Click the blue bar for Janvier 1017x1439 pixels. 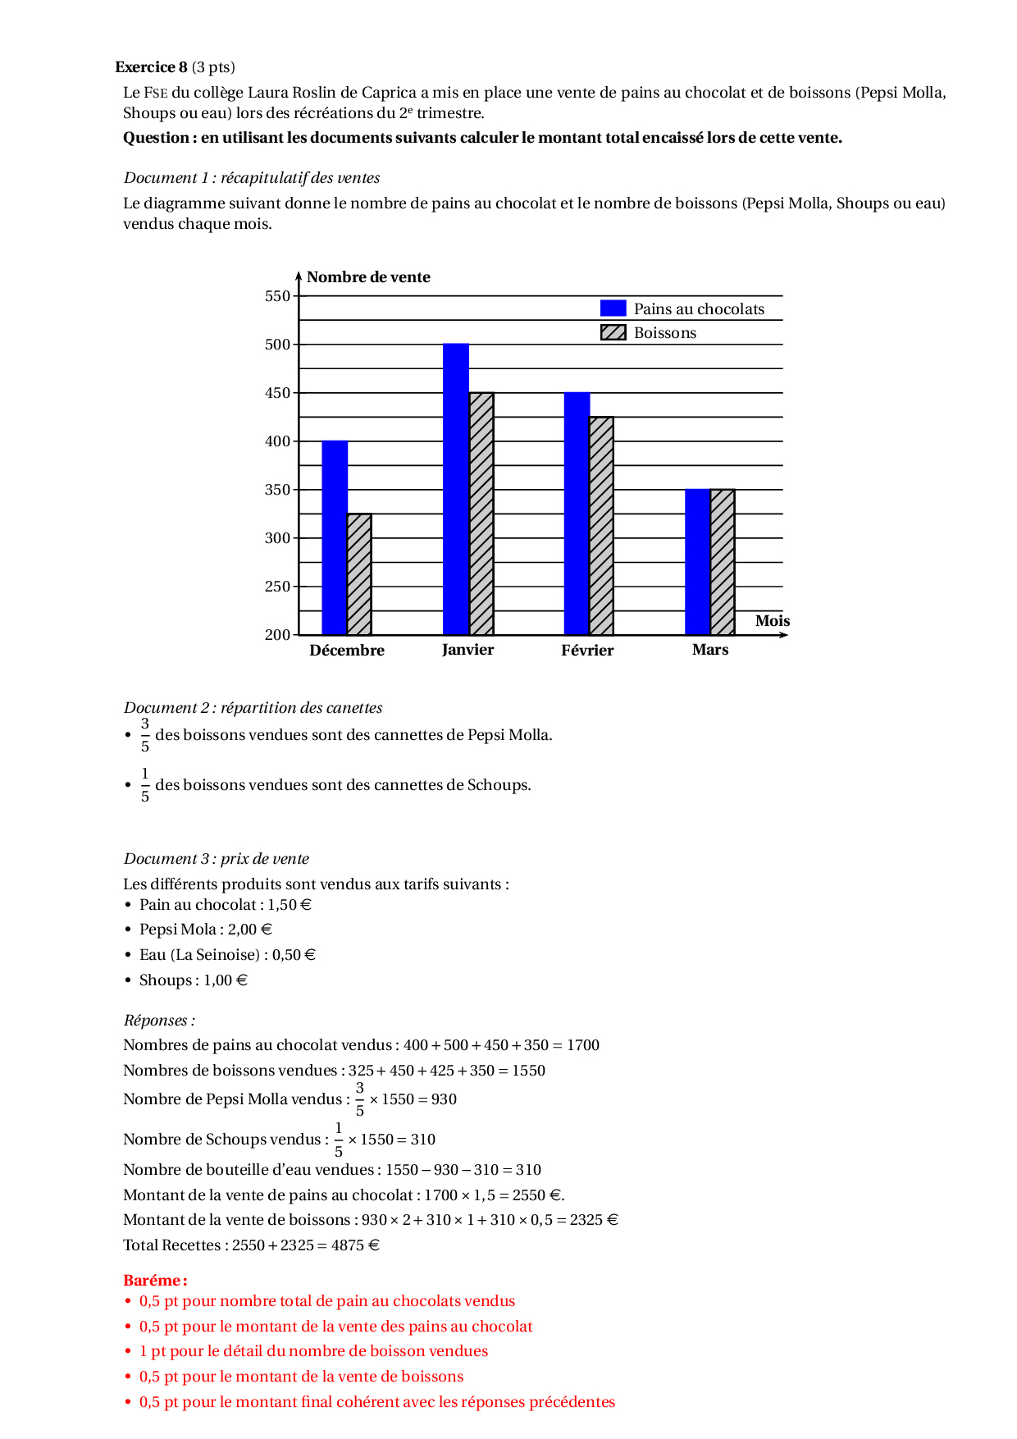(x=456, y=489)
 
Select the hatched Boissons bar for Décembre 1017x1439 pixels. (x=359, y=574)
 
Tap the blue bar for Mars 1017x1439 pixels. (x=697, y=562)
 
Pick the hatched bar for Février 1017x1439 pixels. (x=601, y=526)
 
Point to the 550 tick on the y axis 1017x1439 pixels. (x=278, y=296)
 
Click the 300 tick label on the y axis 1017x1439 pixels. (x=278, y=538)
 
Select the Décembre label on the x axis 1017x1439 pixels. (x=347, y=651)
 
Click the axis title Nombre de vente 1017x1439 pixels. (x=368, y=277)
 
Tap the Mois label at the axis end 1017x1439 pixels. (x=772, y=621)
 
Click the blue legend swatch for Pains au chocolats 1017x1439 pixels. (x=613, y=308)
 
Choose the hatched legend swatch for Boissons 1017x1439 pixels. (x=613, y=332)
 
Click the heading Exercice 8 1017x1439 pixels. (x=151, y=67)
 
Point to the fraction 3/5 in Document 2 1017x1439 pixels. (x=145, y=735)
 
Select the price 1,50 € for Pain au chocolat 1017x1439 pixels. (x=290, y=905)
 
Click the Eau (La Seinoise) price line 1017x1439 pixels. (x=227, y=955)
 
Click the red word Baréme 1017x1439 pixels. (x=155, y=1280)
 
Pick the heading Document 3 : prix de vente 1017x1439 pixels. (x=217, y=859)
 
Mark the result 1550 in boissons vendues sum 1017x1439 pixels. (x=528, y=1071)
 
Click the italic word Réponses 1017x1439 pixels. (x=158, y=1021)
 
